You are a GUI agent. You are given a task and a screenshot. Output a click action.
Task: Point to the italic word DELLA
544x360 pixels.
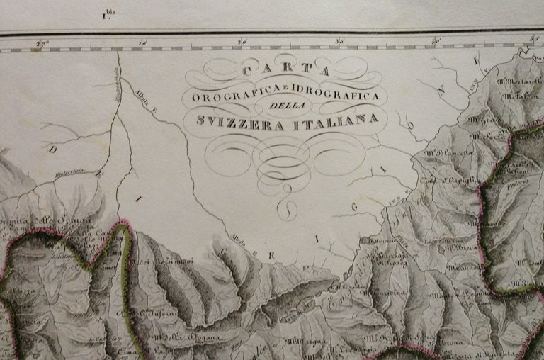(x=286, y=106)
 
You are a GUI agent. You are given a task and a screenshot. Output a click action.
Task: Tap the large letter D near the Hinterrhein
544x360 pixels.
(x=50, y=150)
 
